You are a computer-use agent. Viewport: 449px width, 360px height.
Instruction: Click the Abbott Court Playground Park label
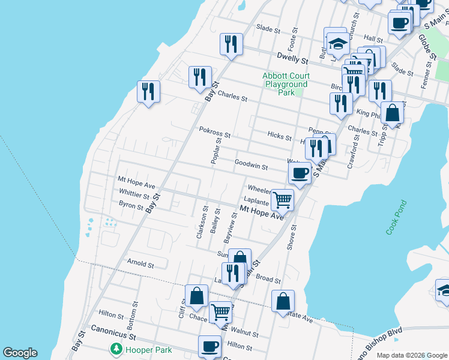pyautogui.click(x=286, y=85)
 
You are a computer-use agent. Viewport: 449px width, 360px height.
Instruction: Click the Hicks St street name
pyautogui.click(x=280, y=137)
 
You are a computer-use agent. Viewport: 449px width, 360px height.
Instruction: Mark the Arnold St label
pyautogui.click(x=141, y=263)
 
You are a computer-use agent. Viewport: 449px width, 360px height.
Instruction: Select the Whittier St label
pyautogui.click(x=134, y=195)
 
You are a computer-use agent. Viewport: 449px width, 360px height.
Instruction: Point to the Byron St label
pyautogui.click(x=131, y=207)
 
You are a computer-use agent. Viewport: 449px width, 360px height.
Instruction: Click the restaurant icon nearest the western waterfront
pyautogui.click(x=148, y=92)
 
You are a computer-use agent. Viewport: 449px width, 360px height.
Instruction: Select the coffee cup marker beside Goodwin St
pyautogui.click(x=300, y=173)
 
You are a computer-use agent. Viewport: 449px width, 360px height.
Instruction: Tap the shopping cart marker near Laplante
pyautogui.click(x=282, y=200)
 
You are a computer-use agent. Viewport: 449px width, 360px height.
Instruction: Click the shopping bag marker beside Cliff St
pyautogui.click(x=196, y=295)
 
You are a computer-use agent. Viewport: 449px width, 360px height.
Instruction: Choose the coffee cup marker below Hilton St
pyautogui.click(x=210, y=346)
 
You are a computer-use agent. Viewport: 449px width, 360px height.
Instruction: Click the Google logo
pyautogui.click(x=20, y=353)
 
